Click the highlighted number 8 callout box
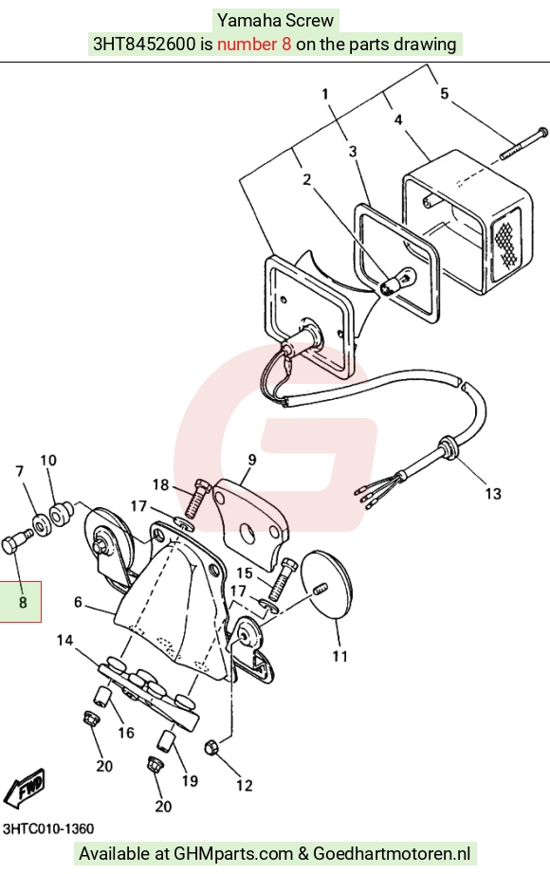point(20,601)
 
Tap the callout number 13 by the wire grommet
point(493,493)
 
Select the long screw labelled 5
point(523,143)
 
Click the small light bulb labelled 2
point(395,281)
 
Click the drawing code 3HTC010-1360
point(48,828)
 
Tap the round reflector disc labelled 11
point(326,584)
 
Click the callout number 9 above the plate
point(252,460)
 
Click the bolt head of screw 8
point(11,544)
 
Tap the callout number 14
point(64,640)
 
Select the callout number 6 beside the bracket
point(78,602)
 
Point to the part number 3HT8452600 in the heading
point(144,44)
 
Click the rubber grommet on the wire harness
point(448,448)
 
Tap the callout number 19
point(191,780)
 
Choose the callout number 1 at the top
point(325,94)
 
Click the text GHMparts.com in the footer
point(233,853)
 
